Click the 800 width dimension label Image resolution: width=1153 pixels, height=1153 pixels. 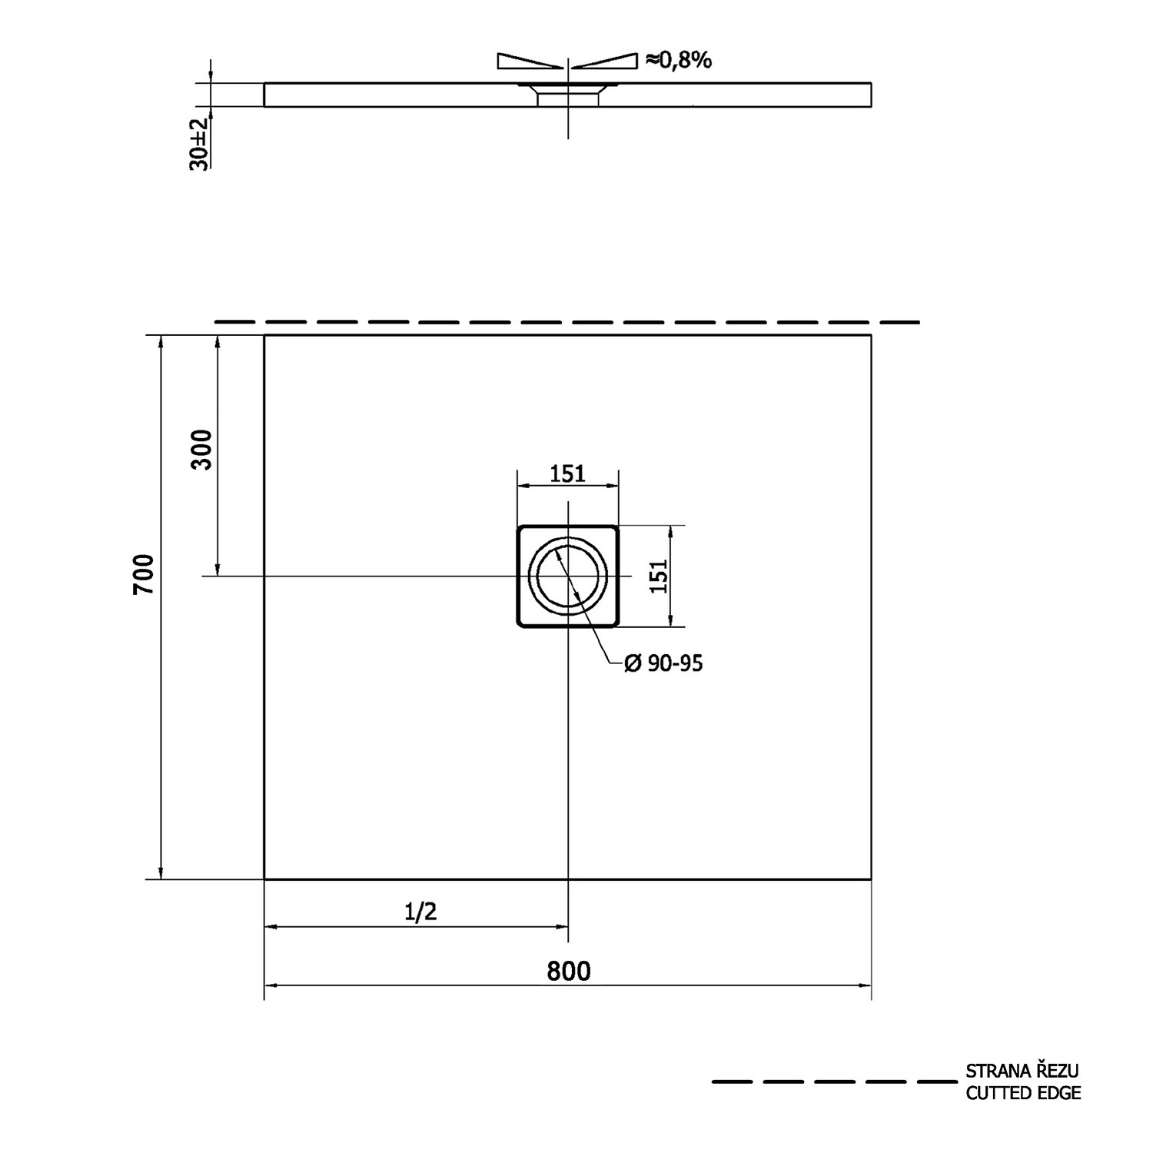569,971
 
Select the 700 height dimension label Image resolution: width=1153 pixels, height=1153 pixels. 145,573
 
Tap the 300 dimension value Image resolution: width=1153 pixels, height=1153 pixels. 201,450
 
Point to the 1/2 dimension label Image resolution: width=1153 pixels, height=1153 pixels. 420,912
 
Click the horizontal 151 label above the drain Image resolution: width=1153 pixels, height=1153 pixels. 567,473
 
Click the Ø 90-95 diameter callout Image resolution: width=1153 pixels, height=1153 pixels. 663,663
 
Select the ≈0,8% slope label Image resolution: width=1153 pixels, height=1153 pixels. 679,60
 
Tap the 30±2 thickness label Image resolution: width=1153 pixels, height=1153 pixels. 198,144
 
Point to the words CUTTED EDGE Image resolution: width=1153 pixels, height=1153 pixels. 1023,1093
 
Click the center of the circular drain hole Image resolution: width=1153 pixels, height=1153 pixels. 568,576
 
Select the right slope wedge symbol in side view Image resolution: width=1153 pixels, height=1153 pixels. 606,61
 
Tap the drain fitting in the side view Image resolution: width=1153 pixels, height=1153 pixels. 568,95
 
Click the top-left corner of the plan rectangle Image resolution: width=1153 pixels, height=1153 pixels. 264,336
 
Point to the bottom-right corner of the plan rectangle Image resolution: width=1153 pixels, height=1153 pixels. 871,879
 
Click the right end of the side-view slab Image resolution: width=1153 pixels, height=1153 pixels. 871,94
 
